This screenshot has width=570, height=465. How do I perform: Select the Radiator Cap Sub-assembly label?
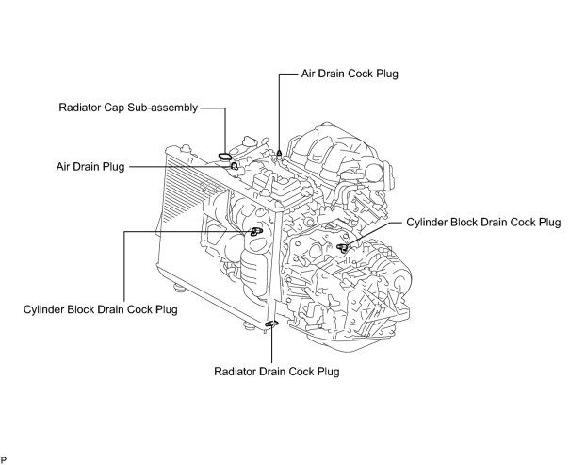coord(127,108)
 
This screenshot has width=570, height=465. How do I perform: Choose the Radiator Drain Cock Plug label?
coord(276,371)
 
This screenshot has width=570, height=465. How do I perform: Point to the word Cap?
coord(115,108)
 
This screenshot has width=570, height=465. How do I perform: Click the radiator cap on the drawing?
coord(223,154)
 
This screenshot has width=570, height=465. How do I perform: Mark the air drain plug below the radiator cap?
coord(234,166)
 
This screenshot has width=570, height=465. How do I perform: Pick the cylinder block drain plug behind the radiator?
coord(254,232)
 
